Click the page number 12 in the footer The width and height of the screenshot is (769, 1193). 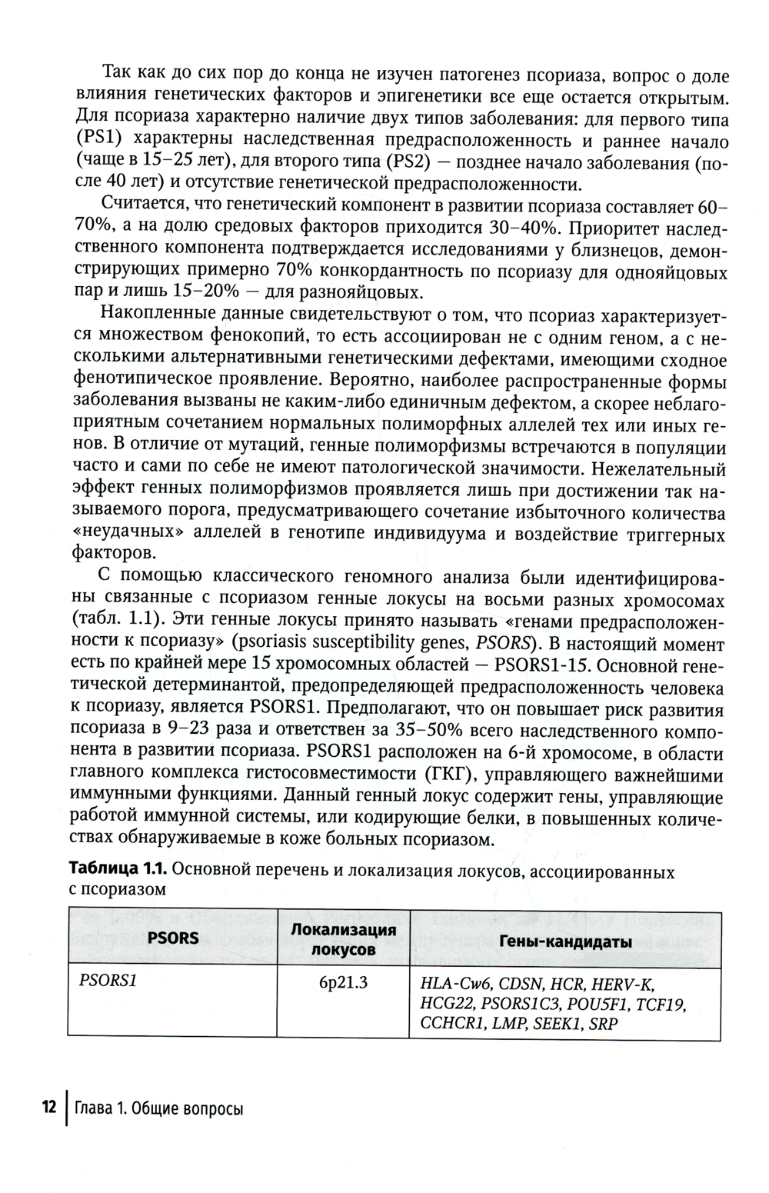[x=48, y=1107]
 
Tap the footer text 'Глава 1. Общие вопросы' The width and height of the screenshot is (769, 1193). [x=158, y=1108]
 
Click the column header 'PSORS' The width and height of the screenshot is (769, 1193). [x=173, y=938]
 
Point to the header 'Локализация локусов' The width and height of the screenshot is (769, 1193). [x=343, y=938]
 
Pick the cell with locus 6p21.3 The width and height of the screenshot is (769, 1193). [x=343, y=982]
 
